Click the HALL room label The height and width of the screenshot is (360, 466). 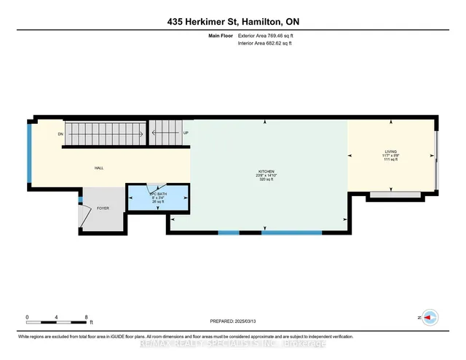pos(98,168)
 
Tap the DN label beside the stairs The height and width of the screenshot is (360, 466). pos(60,134)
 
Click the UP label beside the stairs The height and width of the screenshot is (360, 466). pos(186,133)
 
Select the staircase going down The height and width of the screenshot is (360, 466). pos(103,133)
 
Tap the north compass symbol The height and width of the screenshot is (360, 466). pos(430,318)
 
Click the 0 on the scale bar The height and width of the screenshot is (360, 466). pos(27,318)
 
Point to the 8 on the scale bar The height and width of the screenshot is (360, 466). pos(87,318)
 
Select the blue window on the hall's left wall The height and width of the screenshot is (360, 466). pos(28,154)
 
